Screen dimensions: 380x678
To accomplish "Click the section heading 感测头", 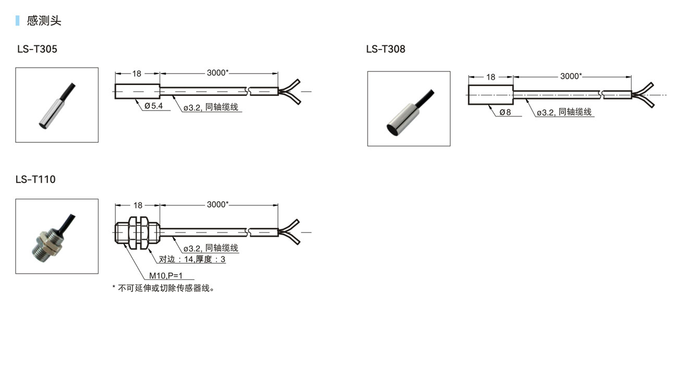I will tap(44, 21).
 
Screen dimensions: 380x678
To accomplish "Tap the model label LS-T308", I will tap(385, 50).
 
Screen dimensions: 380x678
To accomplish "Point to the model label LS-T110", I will tap(35, 179).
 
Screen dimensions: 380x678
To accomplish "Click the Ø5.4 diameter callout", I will tap(154, 106).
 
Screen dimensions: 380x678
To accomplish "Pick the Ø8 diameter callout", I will tap(505, 112).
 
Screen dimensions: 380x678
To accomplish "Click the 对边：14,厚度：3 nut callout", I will tap(192, 259).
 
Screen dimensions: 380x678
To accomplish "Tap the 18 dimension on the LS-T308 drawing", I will tap(491, 77).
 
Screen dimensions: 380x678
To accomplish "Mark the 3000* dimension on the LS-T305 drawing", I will tap(217, 73).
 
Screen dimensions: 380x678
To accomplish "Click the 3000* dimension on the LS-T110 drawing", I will tap(217, 204).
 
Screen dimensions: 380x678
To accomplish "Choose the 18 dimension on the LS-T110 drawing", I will tap(137, 205).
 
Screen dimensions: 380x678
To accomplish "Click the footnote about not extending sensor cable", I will tap(163, 288).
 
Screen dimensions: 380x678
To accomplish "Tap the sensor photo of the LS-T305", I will tap(57, 105).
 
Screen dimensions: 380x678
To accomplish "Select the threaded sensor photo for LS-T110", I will tap(57, 236).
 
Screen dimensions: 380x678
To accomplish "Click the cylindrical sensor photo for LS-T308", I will tap(408, 108).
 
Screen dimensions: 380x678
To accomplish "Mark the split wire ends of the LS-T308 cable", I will tap(644, 94).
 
